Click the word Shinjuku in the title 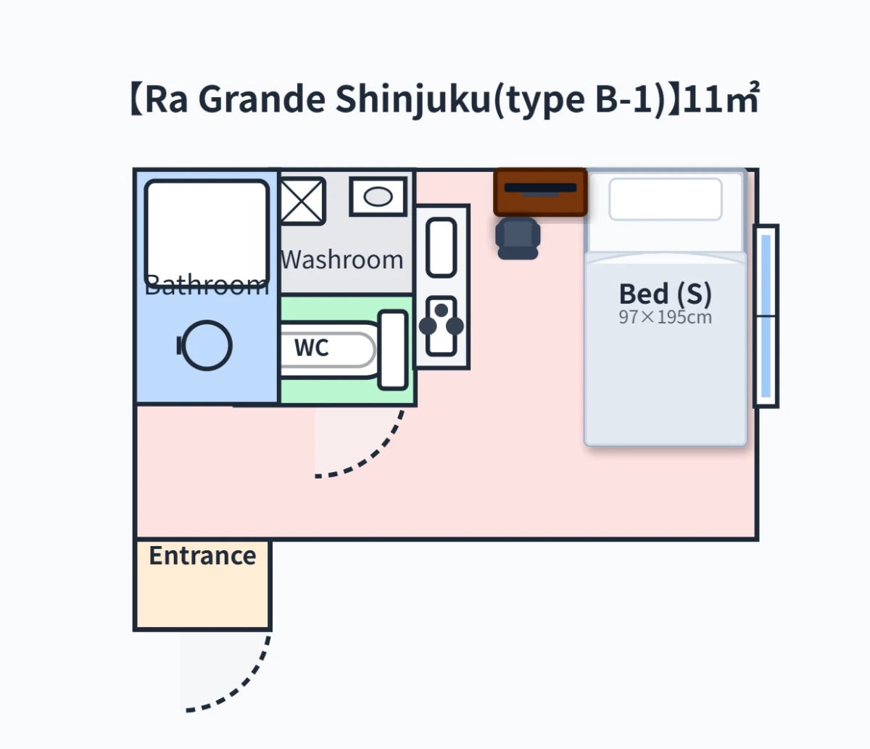413,100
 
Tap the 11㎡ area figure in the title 721,99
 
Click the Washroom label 341,260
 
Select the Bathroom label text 207,286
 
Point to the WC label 312,348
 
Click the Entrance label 202,555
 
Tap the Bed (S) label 665,294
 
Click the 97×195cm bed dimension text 665,318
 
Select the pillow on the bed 666,199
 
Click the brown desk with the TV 540,192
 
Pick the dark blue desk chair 518,239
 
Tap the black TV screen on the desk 540,189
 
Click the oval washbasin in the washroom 378,196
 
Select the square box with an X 303,201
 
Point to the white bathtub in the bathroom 207,234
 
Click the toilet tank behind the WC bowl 393,350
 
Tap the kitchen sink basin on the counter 441,247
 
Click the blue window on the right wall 766,316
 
